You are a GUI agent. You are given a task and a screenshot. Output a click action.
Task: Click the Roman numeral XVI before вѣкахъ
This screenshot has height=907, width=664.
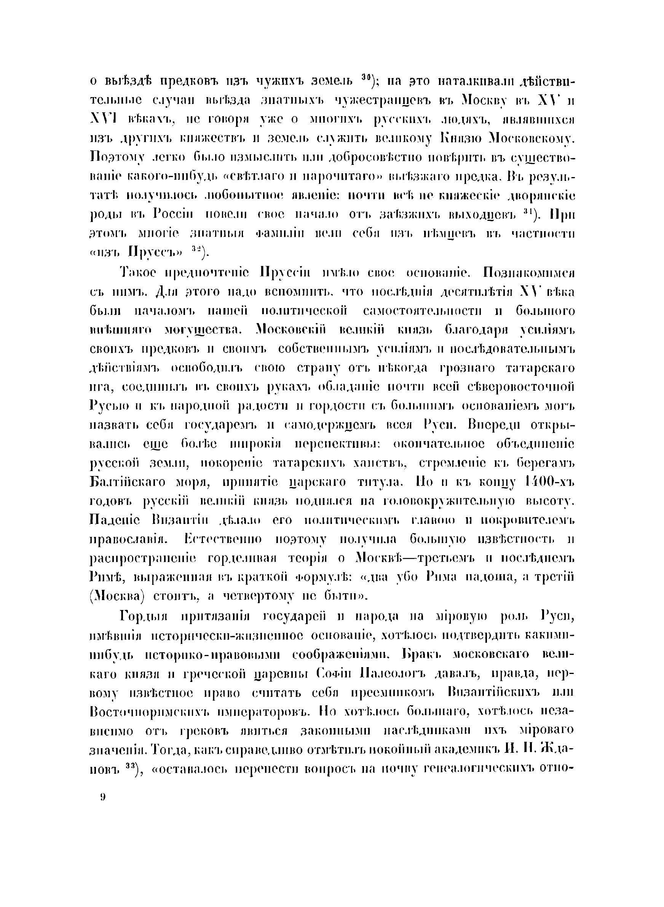coord(102,120)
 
